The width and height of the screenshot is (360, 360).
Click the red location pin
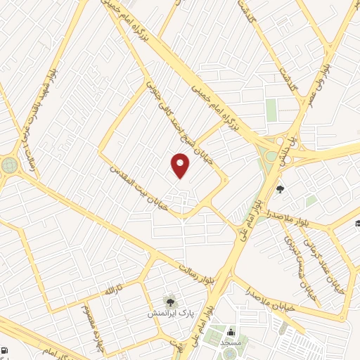181,166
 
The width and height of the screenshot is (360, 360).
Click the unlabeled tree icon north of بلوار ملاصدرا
280,188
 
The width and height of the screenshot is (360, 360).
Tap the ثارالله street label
114,289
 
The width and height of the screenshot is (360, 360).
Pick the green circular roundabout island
9,165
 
